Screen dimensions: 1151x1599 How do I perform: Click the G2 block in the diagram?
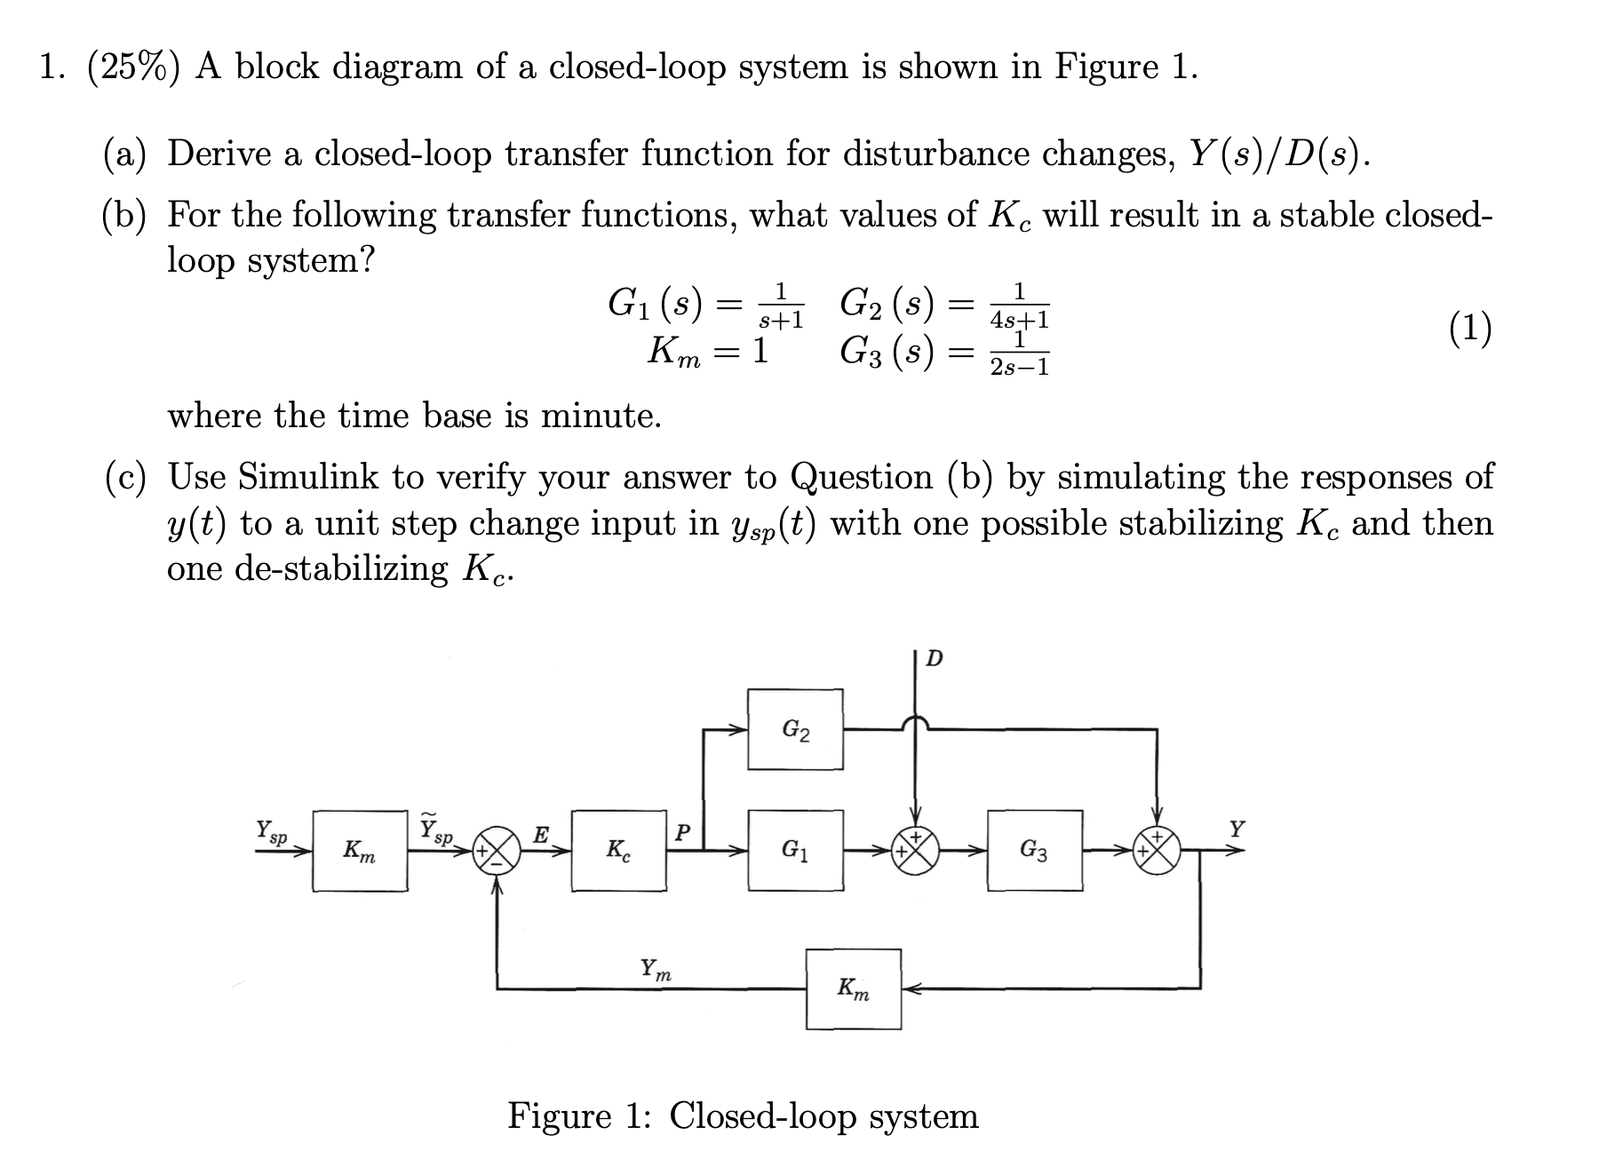(x=795, y=729)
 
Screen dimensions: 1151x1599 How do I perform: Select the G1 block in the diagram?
(x=795, y=850)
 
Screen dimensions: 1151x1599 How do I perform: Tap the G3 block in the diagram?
(x=1034, y=850)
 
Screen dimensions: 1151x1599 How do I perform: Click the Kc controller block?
(x=618, y=850)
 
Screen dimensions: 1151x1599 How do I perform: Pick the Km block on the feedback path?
(x=853, y=988)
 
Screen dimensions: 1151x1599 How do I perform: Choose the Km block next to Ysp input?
(x=360, y=850)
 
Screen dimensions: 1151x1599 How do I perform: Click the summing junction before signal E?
(x=497, y=850)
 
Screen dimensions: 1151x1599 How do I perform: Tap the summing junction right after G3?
(x=1157, y=850)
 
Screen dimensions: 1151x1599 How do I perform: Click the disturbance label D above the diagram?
(x=935, y=659)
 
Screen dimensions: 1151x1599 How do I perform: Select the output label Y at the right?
(x=1237, y=830)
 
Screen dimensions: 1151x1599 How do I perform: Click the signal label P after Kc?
(x=681, y=832)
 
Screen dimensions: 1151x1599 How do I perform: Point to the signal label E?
(x=540, y=834)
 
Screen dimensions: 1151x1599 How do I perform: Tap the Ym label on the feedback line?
(x=656, y=969)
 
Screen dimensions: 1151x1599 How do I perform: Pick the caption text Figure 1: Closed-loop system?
(x=743, y=1115)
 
